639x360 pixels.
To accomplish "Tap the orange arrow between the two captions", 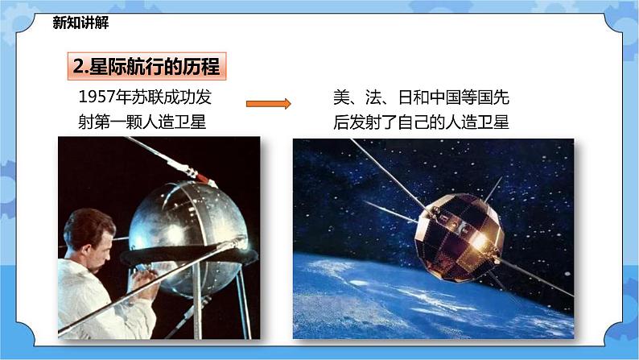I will click(267, 103).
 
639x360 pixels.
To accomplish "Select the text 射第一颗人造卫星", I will click(145, 122).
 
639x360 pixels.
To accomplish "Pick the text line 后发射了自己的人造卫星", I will click(422, 122).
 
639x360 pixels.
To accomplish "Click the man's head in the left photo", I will click(89, 233).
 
